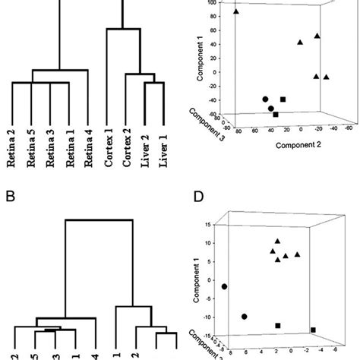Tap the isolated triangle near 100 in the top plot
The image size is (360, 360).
(x=236, y=11)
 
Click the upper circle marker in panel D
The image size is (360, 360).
(x=224, y=286)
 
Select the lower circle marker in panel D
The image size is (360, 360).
(x=245, y=316)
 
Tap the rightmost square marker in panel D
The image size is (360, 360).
(x=313, y=330)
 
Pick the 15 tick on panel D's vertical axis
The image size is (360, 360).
(x=209, y=226)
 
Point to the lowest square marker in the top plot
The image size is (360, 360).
(x=276, y=114)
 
